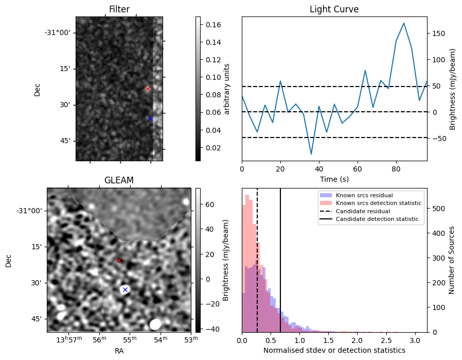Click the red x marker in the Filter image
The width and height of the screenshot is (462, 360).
tap(148, 89)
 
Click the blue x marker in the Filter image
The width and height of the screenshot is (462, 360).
tap(150, 118)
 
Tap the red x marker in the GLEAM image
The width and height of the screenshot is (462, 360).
tap(119, 260)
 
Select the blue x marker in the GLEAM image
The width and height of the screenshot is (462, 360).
tap(125, 289)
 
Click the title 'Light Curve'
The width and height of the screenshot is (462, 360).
tap(334, 9)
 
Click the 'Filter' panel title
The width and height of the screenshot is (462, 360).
tap(119, 9)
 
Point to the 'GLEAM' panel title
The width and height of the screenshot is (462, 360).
tap(119, 180)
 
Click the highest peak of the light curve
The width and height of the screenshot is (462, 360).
tap(404, 23)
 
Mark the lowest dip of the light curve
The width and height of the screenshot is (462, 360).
tap(311, 154)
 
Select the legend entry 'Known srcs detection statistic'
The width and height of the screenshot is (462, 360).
tap(378, 203)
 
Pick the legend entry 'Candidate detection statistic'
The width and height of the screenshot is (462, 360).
tap(377, 220)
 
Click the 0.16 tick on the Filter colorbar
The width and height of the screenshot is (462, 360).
tap(211, 25)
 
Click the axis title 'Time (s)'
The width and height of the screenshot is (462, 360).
tap(334, 179)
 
